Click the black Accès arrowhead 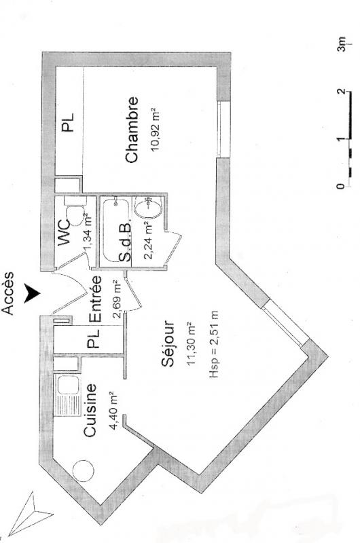tap(31, 293)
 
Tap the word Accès tap(8, 293)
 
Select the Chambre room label tap(132, 130)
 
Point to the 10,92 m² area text tap(155, 130)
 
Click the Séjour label tap(168, 344)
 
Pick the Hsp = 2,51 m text tap(214, 344)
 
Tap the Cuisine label tap(90, 410)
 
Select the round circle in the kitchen tap(83, 471)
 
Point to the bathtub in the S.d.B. tap(116, 230)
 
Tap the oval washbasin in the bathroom tap(148, 208)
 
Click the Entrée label tap(96, 299)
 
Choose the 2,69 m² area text tap(118, 299)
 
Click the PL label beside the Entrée tap(94, 339)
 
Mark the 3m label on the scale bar tap(342, 44)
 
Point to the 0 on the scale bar tap(341, 186)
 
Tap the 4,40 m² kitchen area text tap(115, 410)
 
